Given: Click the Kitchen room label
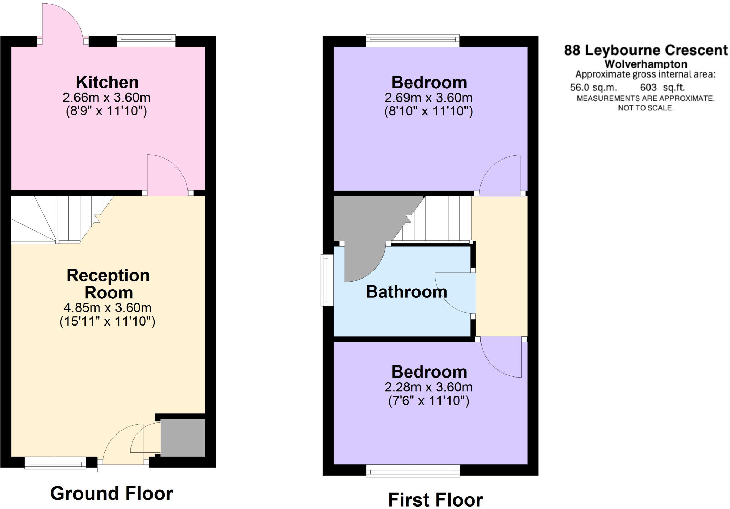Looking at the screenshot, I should point(107,82).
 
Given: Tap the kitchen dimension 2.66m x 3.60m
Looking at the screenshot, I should point(106,97).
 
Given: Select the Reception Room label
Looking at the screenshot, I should point(108,284).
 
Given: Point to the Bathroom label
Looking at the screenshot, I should point(406,292).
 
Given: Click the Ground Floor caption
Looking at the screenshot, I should point(112,493).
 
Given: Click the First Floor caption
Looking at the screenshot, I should point(435,499).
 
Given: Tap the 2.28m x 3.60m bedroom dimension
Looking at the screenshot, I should point(428,387).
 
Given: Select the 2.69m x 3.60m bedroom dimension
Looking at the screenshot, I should point(428,98).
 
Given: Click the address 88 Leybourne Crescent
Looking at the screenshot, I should point(646,50).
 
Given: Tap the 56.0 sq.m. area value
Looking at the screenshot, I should point(593,87).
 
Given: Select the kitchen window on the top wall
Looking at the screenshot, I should point(146,41).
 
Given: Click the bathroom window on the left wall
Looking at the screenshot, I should point(325,280).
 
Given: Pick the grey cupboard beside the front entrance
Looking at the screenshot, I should point(183,437).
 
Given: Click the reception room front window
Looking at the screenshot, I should point(55,464).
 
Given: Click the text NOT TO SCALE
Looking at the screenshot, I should point(646,108).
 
